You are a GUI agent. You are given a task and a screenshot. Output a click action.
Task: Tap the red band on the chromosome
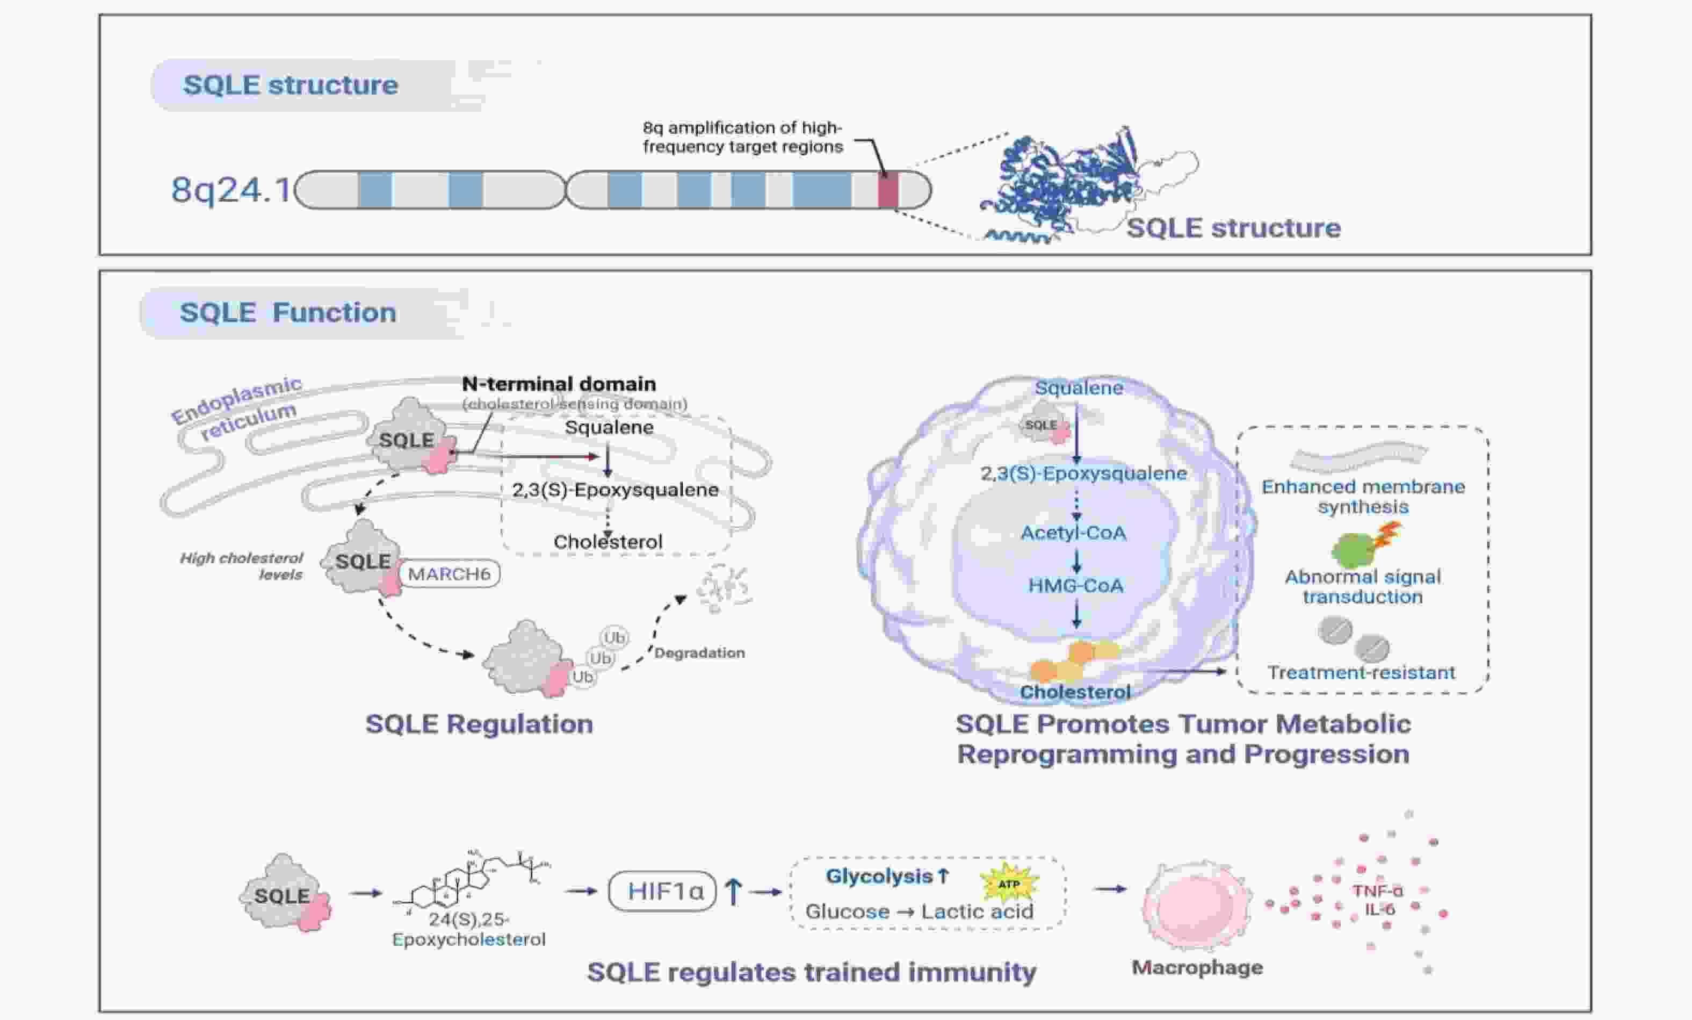pyautogui.click(x=887, y=190)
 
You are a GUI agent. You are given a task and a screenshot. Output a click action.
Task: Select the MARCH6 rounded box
pyautogui.click(x=449, y=573)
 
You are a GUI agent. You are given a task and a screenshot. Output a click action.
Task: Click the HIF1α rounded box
pyautogui.click(x=663, y=891)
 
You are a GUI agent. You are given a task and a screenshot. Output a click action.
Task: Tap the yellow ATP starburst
pyautogui.click(x=1008, y=884)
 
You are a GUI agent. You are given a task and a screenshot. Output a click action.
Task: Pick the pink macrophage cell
pyautogui.click(x=1196, y=907)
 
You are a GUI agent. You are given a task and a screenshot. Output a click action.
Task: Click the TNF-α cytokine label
pyautogui.click(x=1377, y=891)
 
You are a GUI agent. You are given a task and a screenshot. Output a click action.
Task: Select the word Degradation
pyautogui.click(x=699, y=652)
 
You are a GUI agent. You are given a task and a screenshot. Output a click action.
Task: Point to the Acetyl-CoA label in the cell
pyautogui.click(x=1073, y=533)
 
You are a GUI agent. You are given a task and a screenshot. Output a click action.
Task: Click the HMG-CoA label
pyautogui.click(x=1075, y=585)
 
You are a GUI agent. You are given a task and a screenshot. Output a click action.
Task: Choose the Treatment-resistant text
pyautogui.click(x=1361, y=672)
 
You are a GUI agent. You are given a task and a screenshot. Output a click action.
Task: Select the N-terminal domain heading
pyautogui.click(x=558, y=383)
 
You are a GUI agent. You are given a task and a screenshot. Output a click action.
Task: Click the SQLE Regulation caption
pyautogui.click(x=479, y=724)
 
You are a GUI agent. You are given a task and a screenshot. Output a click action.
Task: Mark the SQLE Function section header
pyautogui.click(x=288, y=313)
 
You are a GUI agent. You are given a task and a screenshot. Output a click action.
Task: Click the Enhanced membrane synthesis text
pyautogui.click(x=1363, y=497)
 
